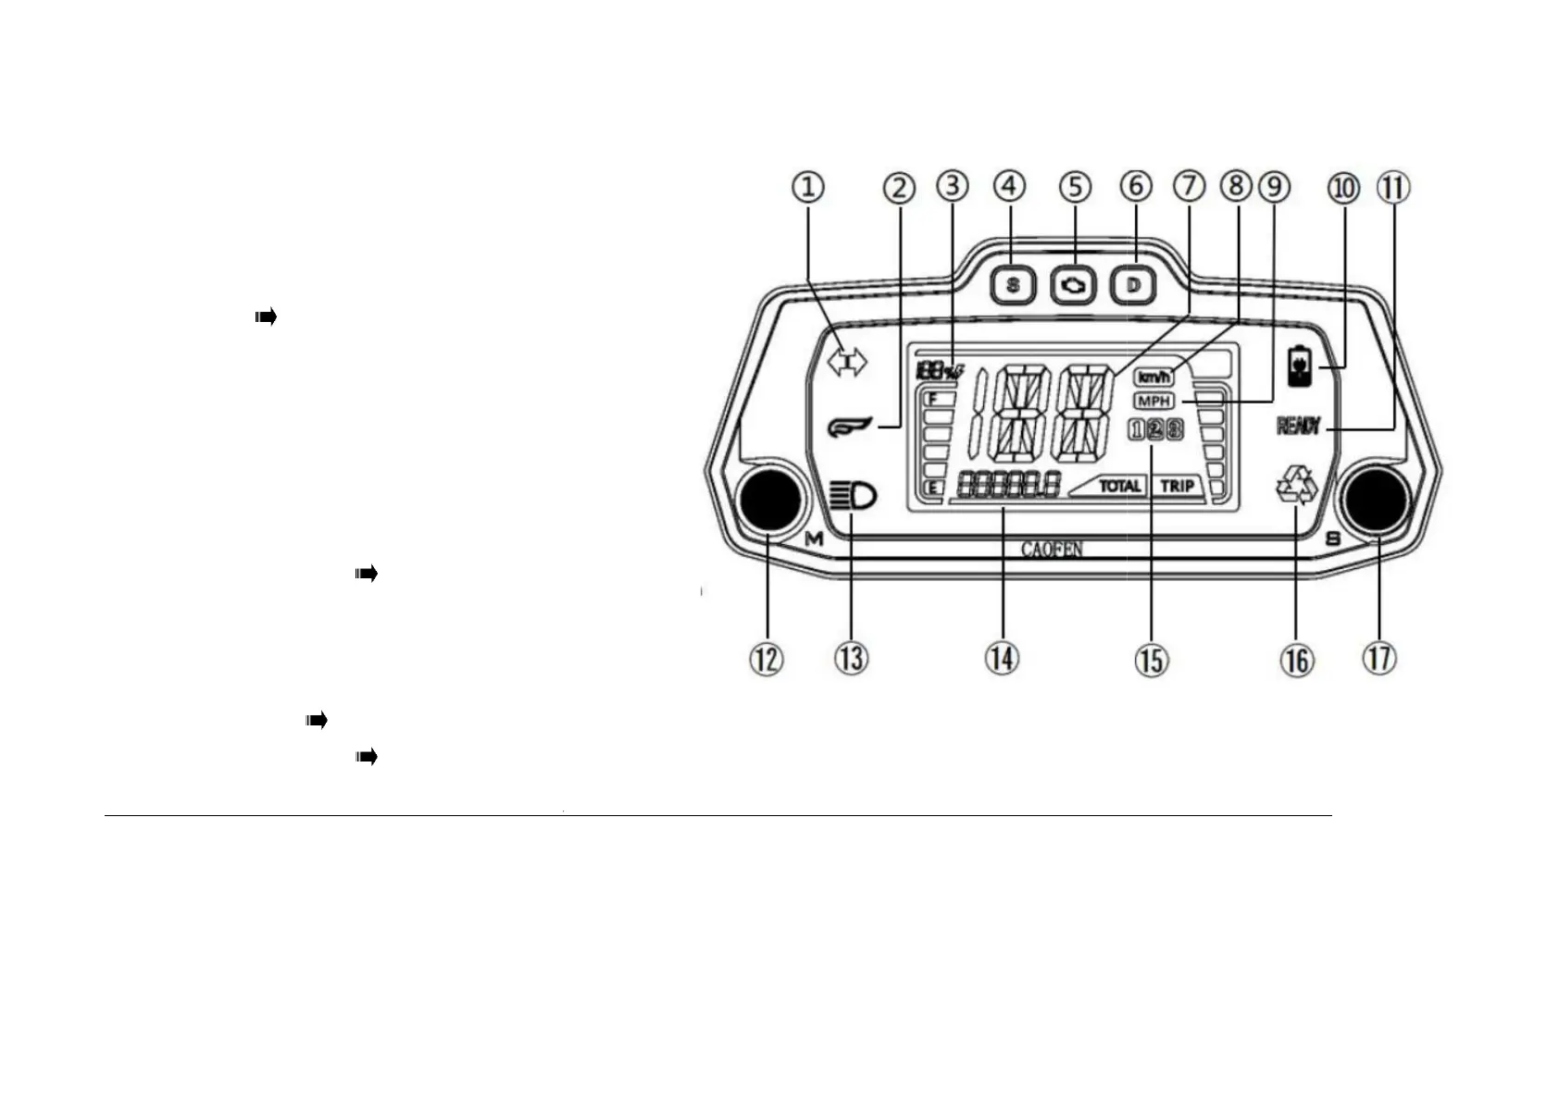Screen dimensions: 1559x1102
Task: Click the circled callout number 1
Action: (x=808, y=187)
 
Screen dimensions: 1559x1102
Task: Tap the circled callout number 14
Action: (x=1002, y=659)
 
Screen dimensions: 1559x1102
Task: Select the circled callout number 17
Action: (x=1379, y=659)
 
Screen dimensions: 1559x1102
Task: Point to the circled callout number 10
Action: (x=1343, y=188)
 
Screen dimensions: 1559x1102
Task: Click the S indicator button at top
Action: (x=1012, y=285)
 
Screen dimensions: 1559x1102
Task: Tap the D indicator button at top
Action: (x=1133, y=285)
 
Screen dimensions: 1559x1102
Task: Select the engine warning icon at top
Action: (x=1073, y=285)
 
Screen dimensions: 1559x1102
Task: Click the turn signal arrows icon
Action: (x=846, y=362)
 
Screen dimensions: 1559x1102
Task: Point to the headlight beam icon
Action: (x=854, y=497)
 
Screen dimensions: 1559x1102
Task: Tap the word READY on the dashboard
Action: (x=1299, y=426)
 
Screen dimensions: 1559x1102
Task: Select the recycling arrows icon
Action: (x=1297, y=486)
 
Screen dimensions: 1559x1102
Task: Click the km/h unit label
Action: (x=1154, y=377)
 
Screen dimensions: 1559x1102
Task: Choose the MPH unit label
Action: (x=1154, y=401)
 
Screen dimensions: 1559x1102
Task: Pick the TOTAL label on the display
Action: (x=1119, y=485)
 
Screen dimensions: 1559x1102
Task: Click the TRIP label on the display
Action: (x=1177, y=485)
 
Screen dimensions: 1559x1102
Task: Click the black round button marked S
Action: (x=1377, y=501)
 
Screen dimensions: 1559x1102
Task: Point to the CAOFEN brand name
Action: (x=1052, y=550)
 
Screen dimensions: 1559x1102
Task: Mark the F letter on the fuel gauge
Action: (x=934, y=399)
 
